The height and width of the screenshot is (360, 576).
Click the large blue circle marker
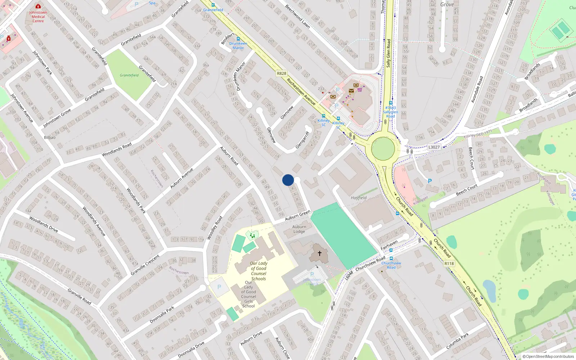click(288, 180)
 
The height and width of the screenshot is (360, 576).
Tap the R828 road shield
click(282, 73)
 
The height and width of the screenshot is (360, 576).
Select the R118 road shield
click(449, 264)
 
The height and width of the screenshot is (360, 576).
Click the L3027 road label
click(434, 147)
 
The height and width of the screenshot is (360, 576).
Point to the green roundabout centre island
click(383, 149)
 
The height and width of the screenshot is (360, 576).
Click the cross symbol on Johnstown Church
click(319, 253)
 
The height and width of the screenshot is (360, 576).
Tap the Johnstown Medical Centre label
click(38, 17)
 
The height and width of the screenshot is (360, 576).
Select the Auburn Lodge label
click(299, 229)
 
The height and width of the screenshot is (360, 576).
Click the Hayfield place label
click(359, 198)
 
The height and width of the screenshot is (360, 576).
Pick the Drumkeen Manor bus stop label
click(238, 46)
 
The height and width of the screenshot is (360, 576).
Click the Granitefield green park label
click(129, 75)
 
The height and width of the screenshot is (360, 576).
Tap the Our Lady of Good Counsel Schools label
click(258, 271)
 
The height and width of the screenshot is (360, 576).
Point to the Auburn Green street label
click(298, 216)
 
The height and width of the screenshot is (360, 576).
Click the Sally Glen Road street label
click(388, 53)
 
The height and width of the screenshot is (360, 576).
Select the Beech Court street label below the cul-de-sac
click(467, 189)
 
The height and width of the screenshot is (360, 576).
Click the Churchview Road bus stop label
click(391, 265)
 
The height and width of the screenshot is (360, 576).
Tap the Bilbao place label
click(50, 138)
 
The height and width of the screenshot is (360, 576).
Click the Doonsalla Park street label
click(162, 314)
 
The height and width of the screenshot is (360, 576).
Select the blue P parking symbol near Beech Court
click(429, 181)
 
